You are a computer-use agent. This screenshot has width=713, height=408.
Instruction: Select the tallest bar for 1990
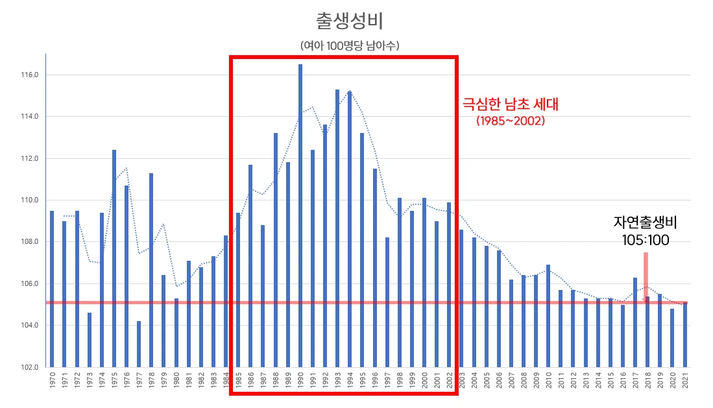click(x=300, y=214)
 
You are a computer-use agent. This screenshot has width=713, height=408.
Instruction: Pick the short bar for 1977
click(x=139, y=344)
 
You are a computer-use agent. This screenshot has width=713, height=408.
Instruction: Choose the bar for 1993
click(x=337, y=227)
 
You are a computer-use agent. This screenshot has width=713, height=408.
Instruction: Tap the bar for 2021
click(x=684, y=334)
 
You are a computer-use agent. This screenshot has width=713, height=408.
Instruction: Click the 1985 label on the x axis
click(x=238, y=383)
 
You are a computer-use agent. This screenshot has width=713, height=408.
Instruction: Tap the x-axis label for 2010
click(x=548, y=383)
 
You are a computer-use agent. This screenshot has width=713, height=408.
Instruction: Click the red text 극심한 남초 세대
click(x=510, y=104)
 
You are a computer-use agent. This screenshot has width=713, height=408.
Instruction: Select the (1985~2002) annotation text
click(x=510, y=121)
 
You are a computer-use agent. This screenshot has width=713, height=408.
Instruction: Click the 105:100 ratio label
click(x=646, y=240)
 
